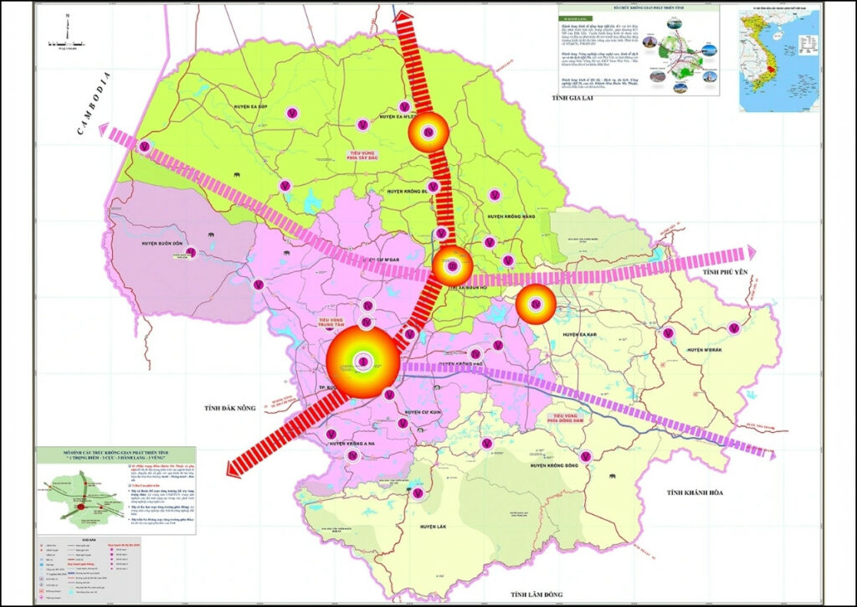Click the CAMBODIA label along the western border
(x=93, y=104)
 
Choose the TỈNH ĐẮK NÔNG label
(x=228, y=408)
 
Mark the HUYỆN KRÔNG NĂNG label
(x=511, y=216)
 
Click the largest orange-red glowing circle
(x=362, y=362)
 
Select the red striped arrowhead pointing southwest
(x=237, y=465)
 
